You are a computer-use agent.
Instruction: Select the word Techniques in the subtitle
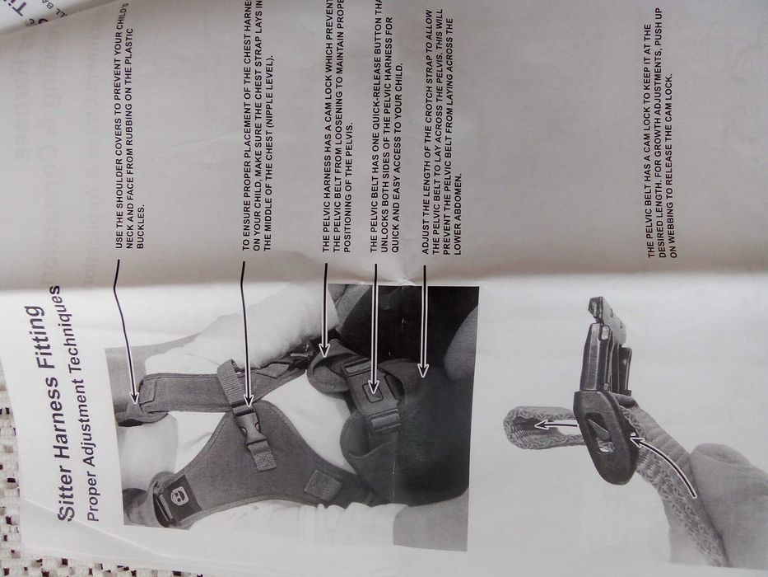coord(81,338)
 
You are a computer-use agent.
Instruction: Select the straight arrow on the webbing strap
coord(547,424)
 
